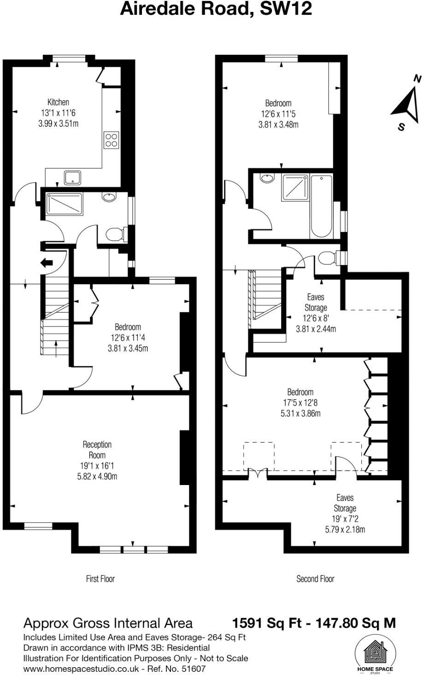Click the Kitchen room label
click(x=58, y=102)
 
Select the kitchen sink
click(x=72, y=177)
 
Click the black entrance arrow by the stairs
click(x=47, y=263)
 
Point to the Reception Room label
click(x=97, y=450)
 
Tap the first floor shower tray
click(x=64, y=203)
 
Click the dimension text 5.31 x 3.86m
click(x=300, y=414)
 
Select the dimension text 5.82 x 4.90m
click(x=97, y=476)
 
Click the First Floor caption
click(x=100, y=578)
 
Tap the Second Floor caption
click(x=315, y=578)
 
